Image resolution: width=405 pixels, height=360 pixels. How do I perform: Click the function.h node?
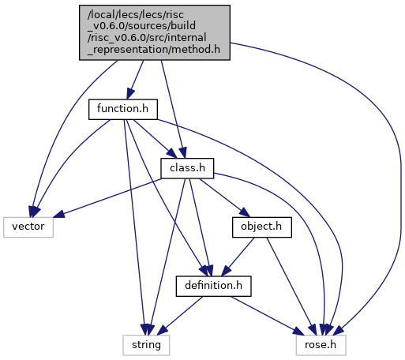pyautogui.click(x=123, y=109)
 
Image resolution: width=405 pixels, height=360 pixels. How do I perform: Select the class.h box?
pyautogui.click(x=187, y=168)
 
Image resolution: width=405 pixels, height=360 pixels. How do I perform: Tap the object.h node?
pyautogui.click(x=262, y=227)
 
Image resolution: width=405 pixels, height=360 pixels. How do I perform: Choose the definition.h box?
pyautogui.click(x=213, y=286)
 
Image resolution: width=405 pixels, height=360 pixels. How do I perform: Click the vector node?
pyautogui.click(x=28, y=227)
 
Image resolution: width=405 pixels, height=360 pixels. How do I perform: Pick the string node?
pyautogui.click(x=146, y=345)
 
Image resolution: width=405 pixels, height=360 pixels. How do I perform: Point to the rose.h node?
pyautogui.click(x=321, y=345)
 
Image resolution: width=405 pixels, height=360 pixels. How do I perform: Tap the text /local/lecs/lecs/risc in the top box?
pyautogui.click(x=136, y=15)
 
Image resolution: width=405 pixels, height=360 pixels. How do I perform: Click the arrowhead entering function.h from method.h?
pyautogui.click(x=130, y=94)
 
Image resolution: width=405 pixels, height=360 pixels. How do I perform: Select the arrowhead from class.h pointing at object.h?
pyautogui.click(x=244, y=212)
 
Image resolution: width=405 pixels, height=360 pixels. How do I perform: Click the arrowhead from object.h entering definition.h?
pyautogui.click(x=227, y=272)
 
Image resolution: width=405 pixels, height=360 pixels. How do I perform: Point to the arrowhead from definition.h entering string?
pyautogui.click(x=162, y=331)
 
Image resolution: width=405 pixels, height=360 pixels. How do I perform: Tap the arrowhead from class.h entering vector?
pyautogui.click(x=58, y=214)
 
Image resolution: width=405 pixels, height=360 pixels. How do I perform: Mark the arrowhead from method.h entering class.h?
pyautogui.click(x=183, y=153)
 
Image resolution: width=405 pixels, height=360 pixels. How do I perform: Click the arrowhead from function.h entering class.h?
pyautogui.click(x=172, y=154)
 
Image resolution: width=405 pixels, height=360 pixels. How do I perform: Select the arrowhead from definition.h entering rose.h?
pyautogui.click(x=298, y=332)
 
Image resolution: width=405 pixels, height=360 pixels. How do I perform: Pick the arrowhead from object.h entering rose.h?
pyautogui.click(x=313, y=330)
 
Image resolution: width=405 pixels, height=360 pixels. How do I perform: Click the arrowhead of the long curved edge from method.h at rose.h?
pyautogui.click(x=339, y=331)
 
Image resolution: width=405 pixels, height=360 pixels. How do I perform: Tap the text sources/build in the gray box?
pyautogui.click(x=170, y=26)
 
